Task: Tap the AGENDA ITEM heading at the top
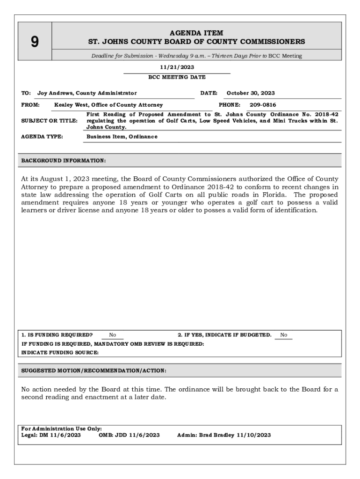(196, 33)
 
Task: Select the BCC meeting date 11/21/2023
(177, 67)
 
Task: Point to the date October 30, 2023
(251, 93)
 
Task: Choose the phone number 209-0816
(263, 105)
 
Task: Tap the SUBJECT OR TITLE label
(50, 121)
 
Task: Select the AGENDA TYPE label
(43, 137)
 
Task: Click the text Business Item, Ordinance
(122, 137)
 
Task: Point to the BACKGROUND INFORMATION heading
(64, 161)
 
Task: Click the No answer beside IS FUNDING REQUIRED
(113, 335)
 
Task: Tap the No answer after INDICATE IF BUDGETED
(284, 335)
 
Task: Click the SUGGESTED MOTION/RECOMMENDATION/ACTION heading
(94, 370)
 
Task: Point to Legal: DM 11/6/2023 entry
(51, 435)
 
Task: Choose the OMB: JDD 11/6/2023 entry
(129, 435)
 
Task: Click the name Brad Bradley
(217, 435)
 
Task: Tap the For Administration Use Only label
(62, 428)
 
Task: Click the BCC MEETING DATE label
(177, 77)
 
